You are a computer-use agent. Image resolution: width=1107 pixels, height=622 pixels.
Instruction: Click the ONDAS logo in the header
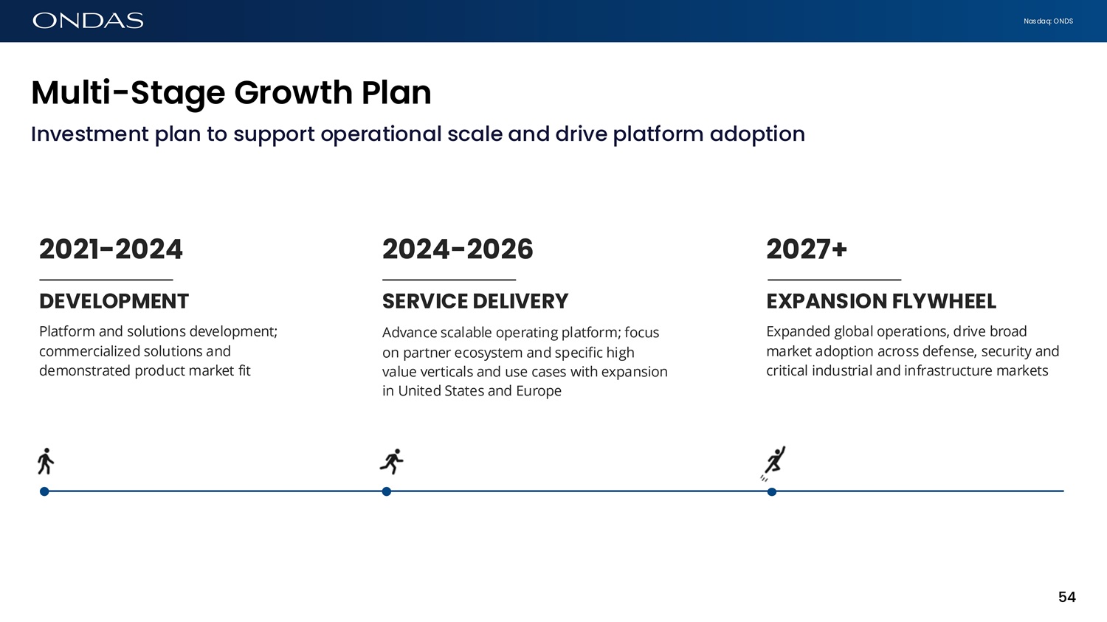click(x=88, y=21)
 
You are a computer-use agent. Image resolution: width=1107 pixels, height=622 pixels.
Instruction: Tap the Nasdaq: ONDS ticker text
click(x=1048, y=21)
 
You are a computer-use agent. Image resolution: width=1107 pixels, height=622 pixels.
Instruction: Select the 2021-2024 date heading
click(x=111, y=249)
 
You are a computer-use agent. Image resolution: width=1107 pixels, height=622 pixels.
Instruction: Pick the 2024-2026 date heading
click(x=458, y=249)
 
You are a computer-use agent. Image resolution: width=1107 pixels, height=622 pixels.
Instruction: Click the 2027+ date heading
click(x=807, y=249)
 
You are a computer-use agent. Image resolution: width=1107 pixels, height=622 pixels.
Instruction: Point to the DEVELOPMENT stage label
click(x=114, y=301)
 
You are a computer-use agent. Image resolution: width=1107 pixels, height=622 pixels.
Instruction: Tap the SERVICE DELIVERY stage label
click(x=475, y=301)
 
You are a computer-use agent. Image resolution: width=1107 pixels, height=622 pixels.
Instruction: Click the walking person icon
click(x=46, y=461)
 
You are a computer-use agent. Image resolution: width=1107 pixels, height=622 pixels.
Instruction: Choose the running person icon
click(x=392, y=461)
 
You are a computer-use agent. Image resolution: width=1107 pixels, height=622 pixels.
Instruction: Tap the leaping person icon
click(x=773, y=463)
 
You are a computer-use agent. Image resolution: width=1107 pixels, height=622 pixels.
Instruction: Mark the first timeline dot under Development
click(x=44, y=491)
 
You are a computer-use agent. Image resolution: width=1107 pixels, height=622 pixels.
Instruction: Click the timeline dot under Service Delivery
click(x=387, y=491)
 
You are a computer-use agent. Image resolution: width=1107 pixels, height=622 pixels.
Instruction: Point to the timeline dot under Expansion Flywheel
click(x=772, y=491)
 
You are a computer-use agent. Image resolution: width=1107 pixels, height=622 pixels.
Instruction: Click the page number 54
click(x=1067, y=598)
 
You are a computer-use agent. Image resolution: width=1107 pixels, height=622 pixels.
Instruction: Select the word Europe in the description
click(x=539, y=391)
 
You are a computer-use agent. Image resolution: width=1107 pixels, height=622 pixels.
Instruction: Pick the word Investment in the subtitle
click(x=90, y=134)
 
